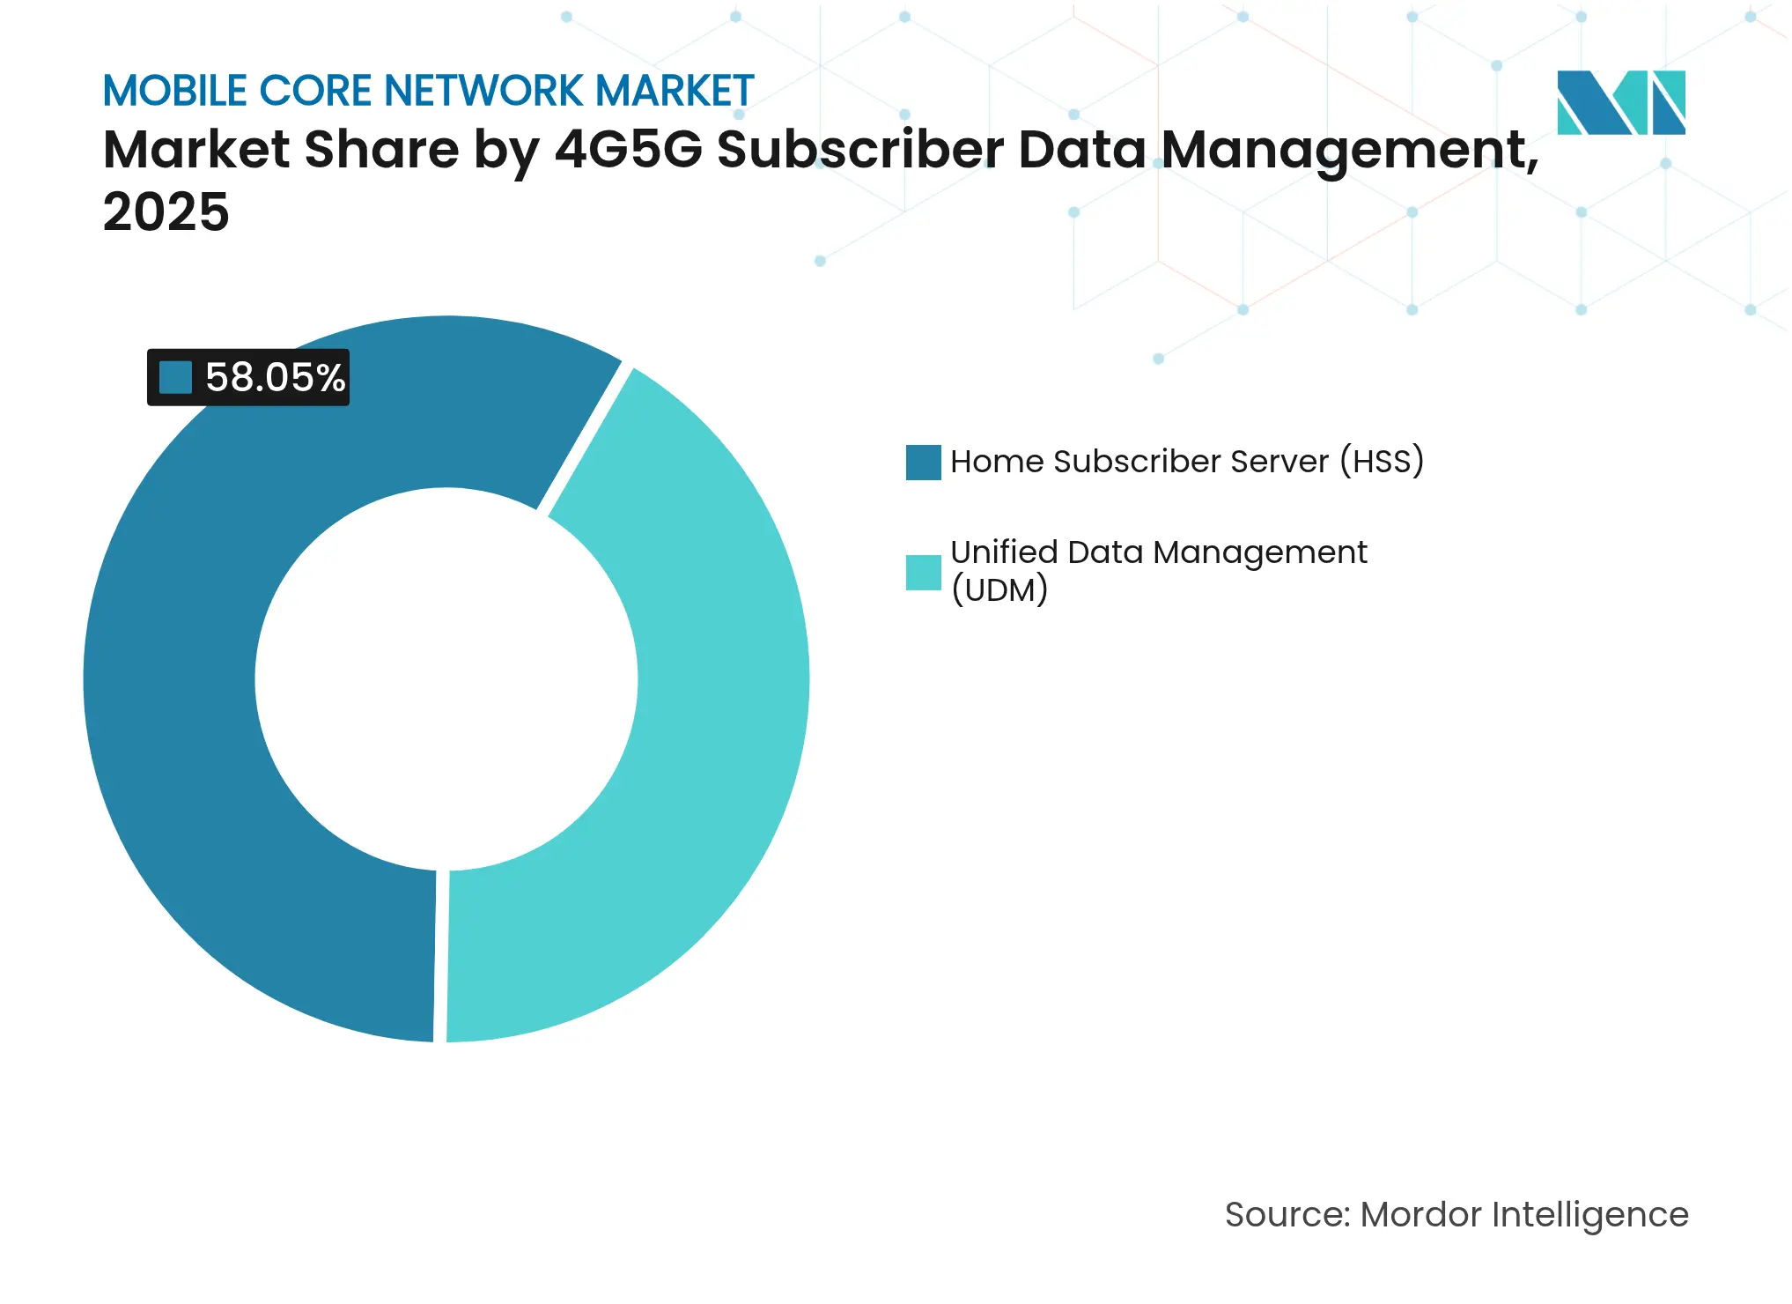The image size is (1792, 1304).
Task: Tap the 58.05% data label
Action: [274, 377]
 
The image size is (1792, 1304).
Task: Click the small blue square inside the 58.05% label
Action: [175, 377]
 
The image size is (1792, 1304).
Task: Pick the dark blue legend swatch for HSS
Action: [923, 462]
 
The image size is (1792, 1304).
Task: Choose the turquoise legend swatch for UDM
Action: [923, 572]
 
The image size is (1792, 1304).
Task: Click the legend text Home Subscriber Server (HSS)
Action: [1186, 462]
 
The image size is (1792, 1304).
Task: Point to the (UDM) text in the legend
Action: [999, 589]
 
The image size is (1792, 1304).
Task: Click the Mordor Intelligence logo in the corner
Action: [1620, 102]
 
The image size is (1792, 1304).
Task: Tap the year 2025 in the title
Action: [166, 212]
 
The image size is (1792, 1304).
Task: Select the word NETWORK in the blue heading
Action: [483, 91]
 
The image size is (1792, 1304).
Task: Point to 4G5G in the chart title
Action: [629, 149]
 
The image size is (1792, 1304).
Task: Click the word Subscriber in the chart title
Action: [859, 149]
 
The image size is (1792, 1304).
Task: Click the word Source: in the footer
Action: [1287, 1214]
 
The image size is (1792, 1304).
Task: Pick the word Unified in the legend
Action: [1004, 552]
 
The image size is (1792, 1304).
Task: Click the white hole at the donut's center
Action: [446, 678]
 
